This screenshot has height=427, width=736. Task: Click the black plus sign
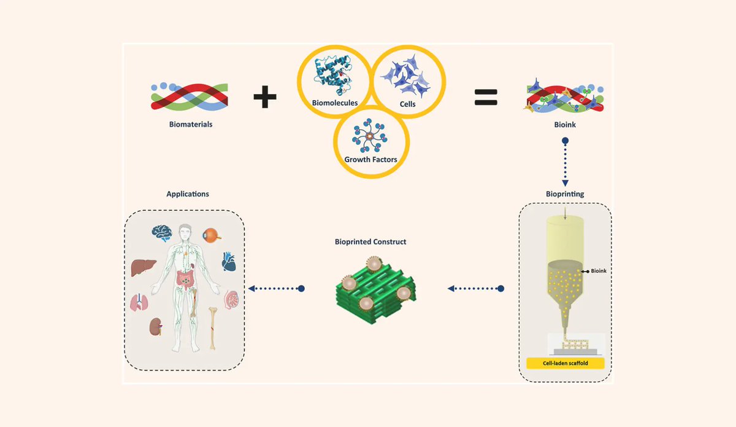pyautogui.click(x=265, y=97)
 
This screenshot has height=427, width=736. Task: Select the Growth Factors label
pyautogui.click(x=370, y=159)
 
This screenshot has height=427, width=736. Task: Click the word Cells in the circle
pyautogui.click(x=407, y=104)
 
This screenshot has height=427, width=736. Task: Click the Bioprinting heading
pyautogui.click(x=565, y=194)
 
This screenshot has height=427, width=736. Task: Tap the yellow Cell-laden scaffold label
pyautogui.click(x=565, y=363)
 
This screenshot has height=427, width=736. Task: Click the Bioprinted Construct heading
pyautogui.click(x=370, y=242)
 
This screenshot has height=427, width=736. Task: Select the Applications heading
pyautogui.click(x=188, y=194)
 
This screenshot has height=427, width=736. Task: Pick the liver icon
pyautogui.click(x=144, y=267)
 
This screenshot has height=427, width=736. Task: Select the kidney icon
pyautogui.click(x=155, y=326)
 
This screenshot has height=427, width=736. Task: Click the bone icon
pyautogui.click(x=213, y=327)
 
